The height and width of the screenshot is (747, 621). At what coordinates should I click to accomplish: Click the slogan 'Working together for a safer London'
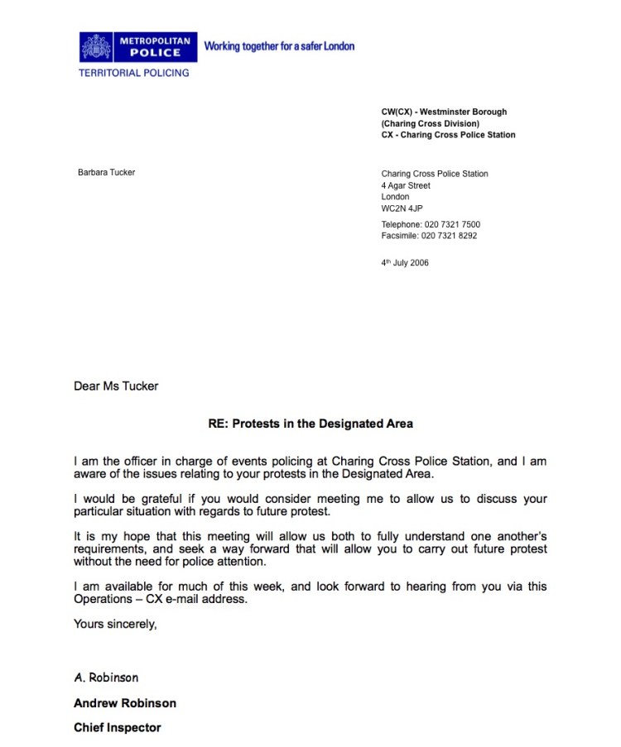pyautogui.click(x=279, y=46)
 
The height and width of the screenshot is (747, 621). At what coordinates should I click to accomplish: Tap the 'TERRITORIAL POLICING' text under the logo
pyautogui.click(x=133, y=73)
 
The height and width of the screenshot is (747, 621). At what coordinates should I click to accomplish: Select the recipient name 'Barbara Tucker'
pyautogui.click(x=106, y=173)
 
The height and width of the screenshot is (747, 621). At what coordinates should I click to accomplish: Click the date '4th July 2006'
pyautogui.click(x=405, y=264)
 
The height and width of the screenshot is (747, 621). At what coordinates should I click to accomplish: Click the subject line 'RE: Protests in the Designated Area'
pyautogui.click(x=310, y=424)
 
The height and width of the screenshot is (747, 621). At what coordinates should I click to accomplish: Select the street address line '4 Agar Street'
pyautogui.click(x=406, y=186)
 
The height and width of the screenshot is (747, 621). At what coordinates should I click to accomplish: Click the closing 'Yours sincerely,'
pyautogui.click(x=115, y=624)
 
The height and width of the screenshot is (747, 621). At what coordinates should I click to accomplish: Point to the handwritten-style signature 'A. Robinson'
pyautogui.click(x=106, y=678)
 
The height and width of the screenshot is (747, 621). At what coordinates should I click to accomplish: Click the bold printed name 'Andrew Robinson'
pyautogui.click(x=124, y=703)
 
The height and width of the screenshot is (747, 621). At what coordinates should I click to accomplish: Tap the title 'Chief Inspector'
pyautogui.click(x=117, y=728)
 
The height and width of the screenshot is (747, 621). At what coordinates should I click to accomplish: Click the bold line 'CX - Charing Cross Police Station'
pyautogui.click(x=448, y=135)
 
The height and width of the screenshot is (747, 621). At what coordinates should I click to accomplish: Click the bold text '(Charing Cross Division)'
pyautogui.click(x=430, y=123)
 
